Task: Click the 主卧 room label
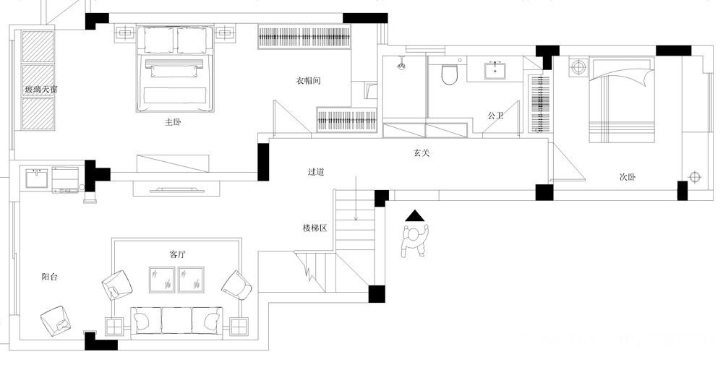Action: (x=173, y=122)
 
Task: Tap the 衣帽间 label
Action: (x=308, y=81)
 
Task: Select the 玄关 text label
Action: (x=421, y=152)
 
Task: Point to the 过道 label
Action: (x=317, y=172)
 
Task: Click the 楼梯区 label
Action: (x=315, y=228)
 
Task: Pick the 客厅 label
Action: (x=178, y=254)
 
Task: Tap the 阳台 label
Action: (x=49, y=277)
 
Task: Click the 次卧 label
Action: (x=628, y=177)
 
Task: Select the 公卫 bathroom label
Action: (x=496, y=116)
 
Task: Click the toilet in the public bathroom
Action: (x=449, y=75)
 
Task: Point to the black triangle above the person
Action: (x=416, y=215)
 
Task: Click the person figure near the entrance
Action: (x=416, y=240)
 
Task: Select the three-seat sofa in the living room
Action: (x=178, y=322)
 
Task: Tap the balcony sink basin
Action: (x=37, y=178)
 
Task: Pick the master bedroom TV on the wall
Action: (x=177, y=189)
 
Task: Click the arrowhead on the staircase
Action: (x=356, y=218)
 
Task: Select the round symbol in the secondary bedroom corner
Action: (x=695, y=177)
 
